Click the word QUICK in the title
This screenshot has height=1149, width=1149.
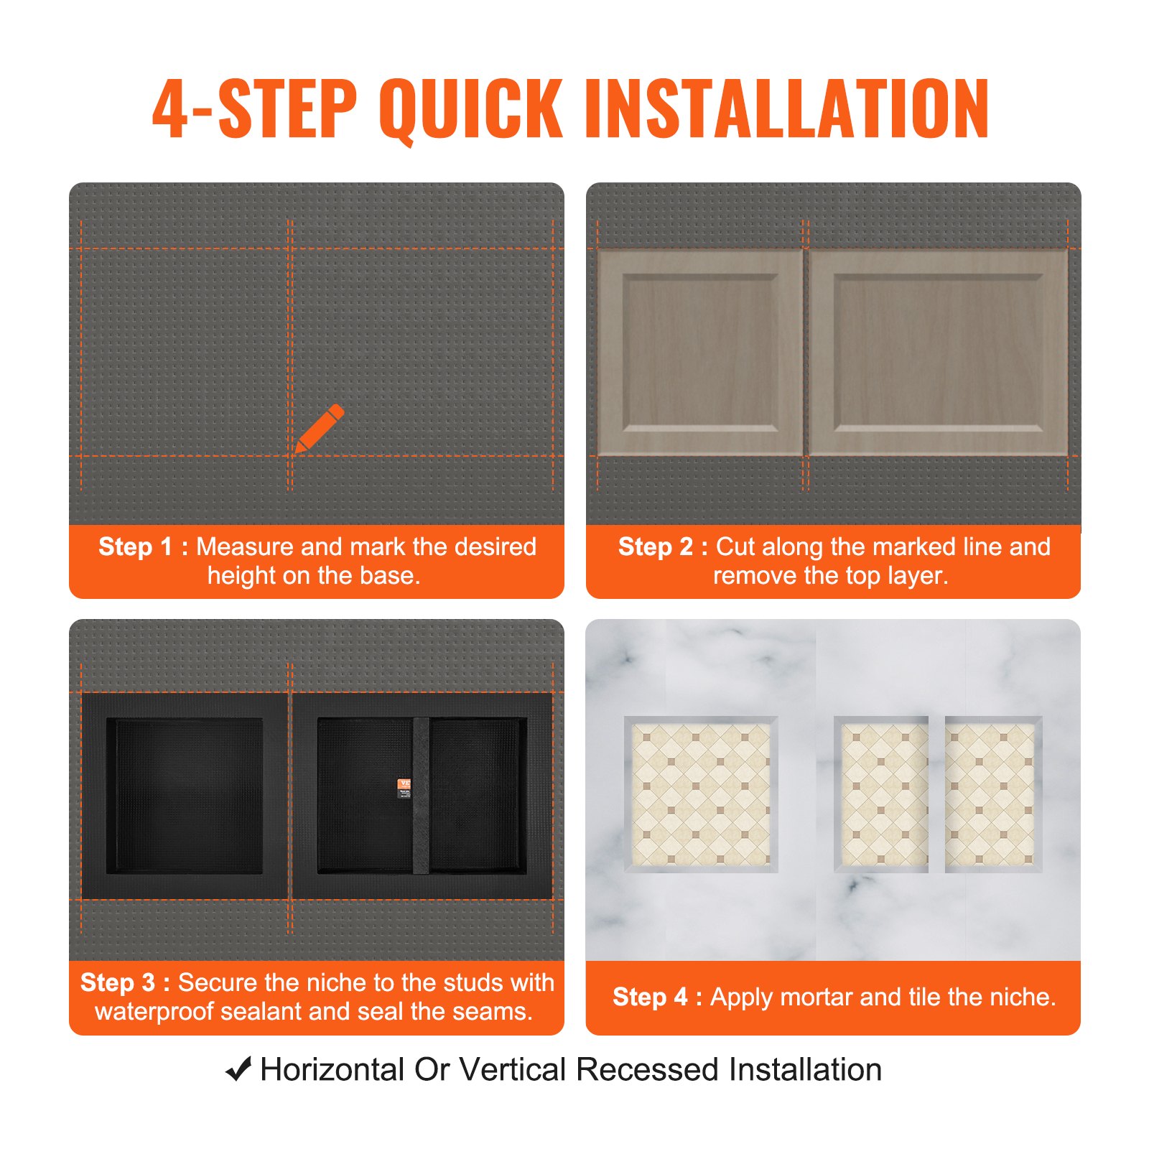pos(470,109)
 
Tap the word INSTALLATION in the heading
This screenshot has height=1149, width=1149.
pos(788,109)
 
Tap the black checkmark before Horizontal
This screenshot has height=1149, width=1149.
pos(238,1069)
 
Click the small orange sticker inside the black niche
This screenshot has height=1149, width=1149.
pos(404,788)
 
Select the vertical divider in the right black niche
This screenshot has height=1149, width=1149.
pos(421,795)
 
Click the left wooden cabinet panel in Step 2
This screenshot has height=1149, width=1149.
pos(700,353)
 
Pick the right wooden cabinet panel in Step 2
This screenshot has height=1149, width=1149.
pos(938,353)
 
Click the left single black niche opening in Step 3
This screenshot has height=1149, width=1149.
pos(185,795)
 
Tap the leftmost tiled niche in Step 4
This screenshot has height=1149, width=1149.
pos(701,794)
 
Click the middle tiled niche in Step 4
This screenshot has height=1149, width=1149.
pos(881,794)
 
